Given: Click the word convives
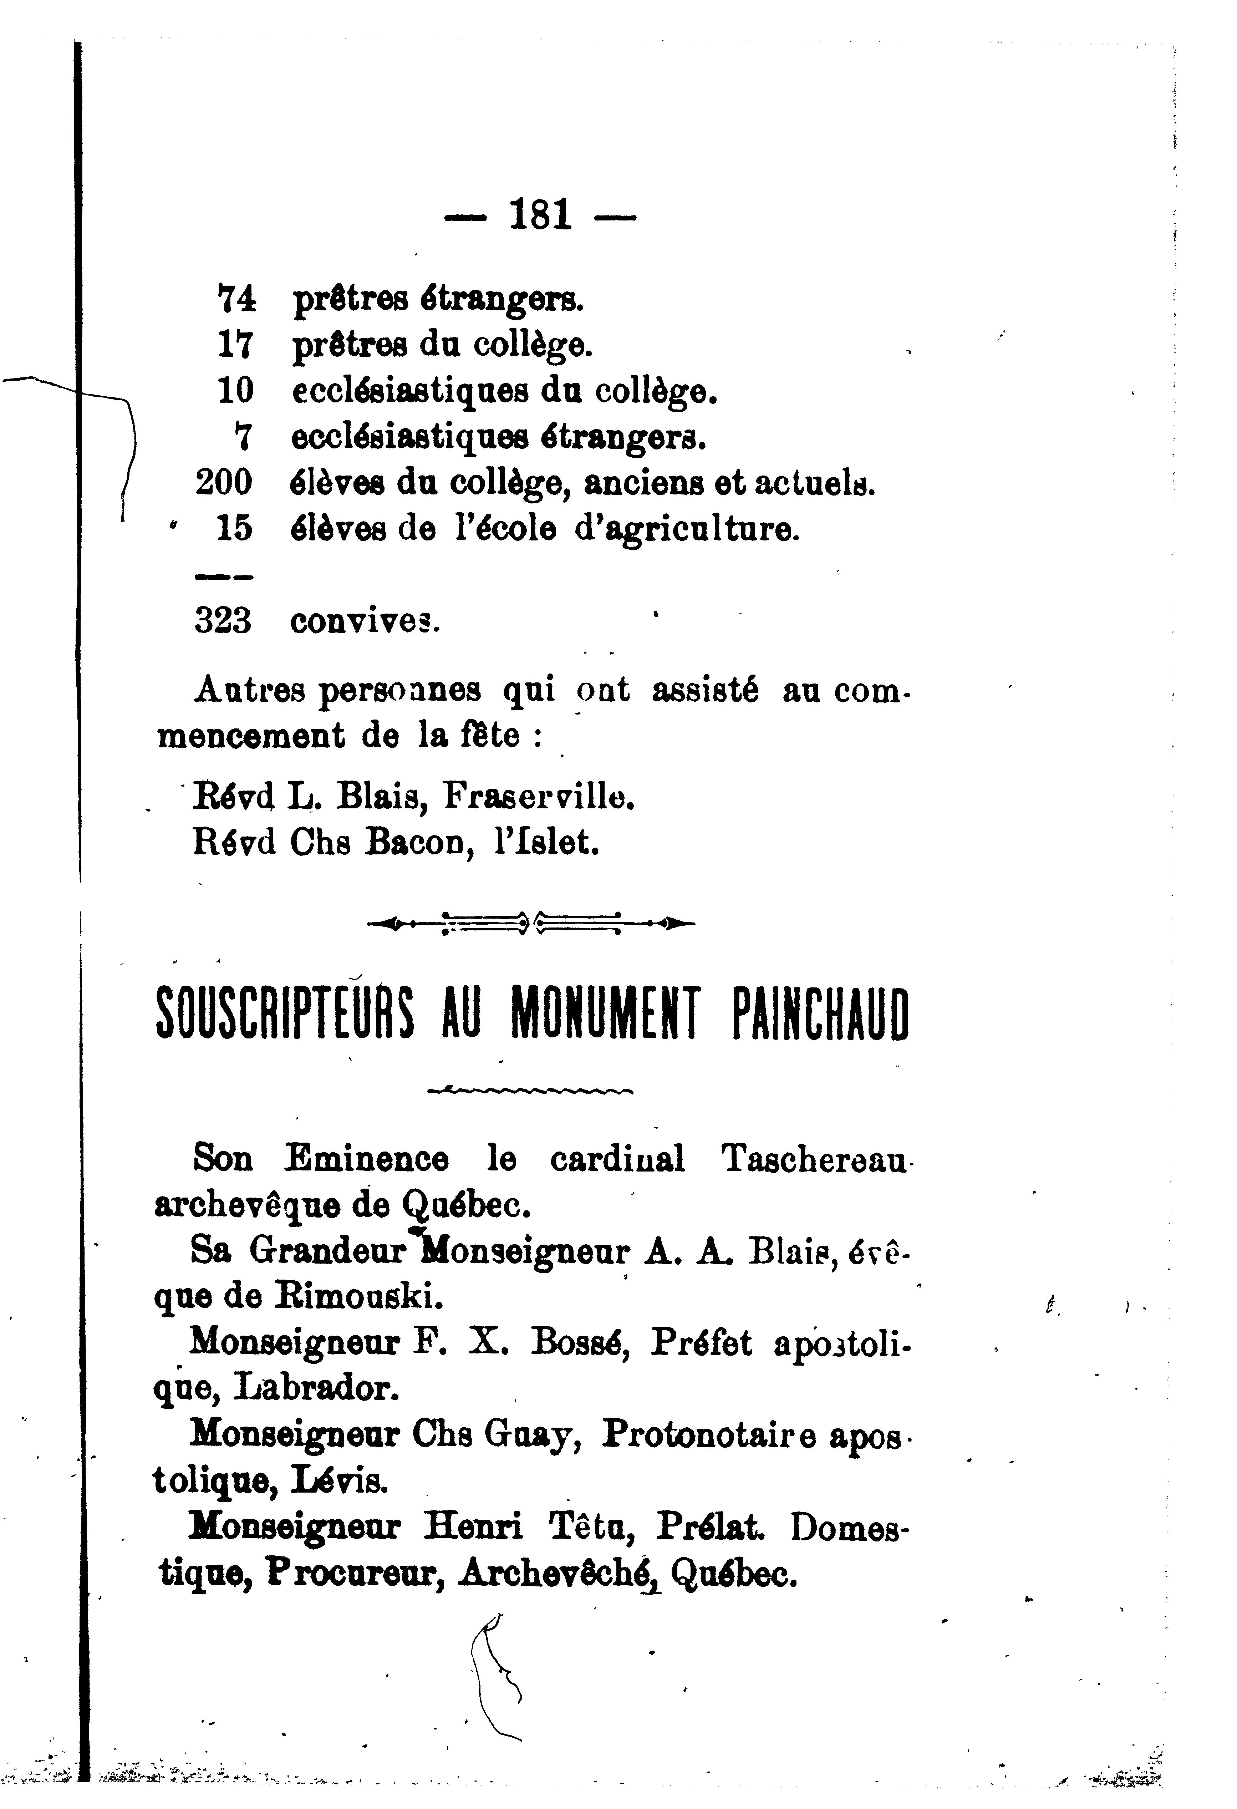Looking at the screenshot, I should [x=365, y=621].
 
